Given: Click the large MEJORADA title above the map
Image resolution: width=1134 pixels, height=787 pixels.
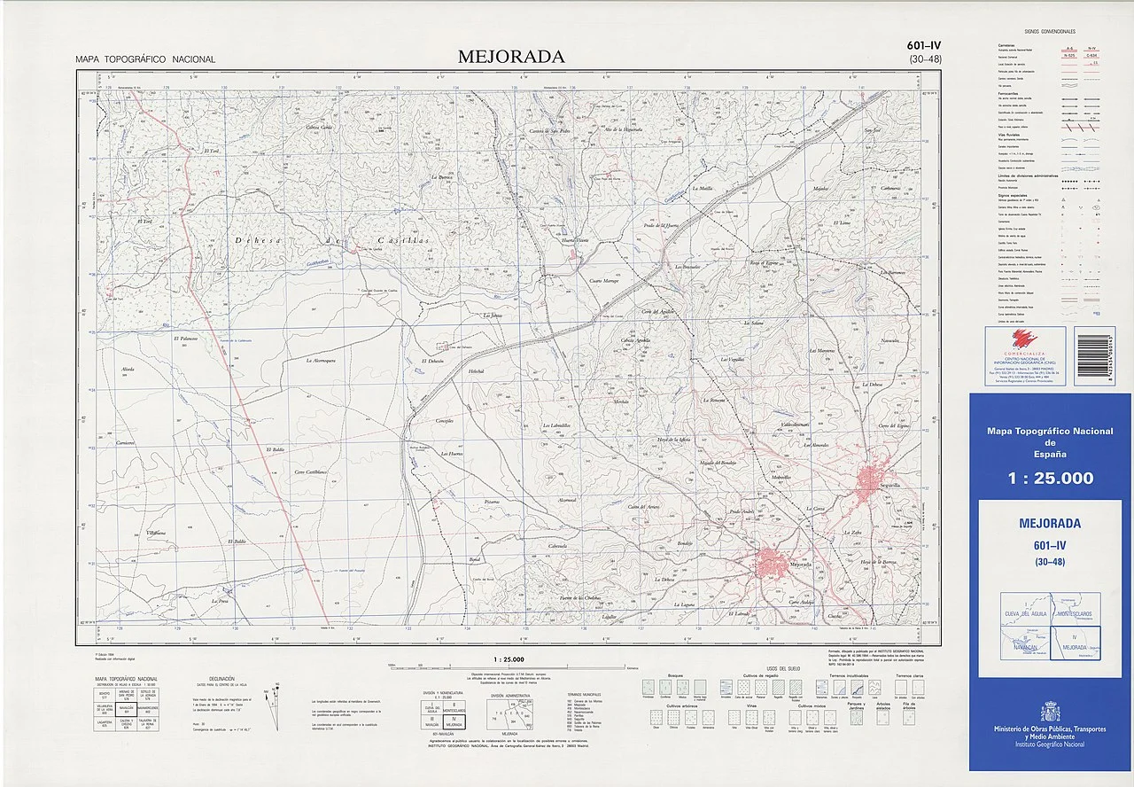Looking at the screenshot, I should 511,57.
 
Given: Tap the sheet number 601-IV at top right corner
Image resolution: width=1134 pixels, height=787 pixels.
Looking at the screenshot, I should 924,47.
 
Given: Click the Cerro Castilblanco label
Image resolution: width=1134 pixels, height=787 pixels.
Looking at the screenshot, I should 312,471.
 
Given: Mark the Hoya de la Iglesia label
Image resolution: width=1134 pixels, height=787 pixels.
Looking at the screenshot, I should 673,440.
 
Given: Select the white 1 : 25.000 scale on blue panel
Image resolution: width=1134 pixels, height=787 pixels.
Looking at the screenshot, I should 1050,479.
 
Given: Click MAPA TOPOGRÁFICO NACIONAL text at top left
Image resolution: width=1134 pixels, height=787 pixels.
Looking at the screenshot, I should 145,59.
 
